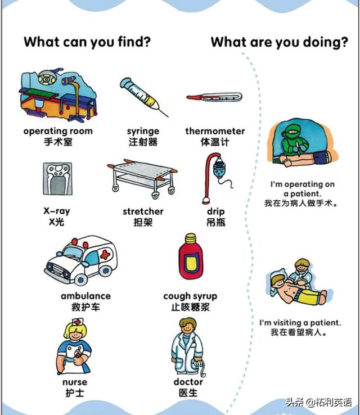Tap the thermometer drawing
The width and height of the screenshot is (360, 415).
point(214,97)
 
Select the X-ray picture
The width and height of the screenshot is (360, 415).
point(57,179)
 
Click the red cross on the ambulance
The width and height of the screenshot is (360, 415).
point(105,255)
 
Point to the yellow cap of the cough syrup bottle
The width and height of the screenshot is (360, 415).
point(190,239)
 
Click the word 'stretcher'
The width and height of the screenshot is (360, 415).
point(143,211)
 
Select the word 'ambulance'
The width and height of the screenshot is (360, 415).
point(85,296)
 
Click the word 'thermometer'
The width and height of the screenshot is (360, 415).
point(215,131)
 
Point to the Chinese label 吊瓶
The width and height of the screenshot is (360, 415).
point(216,222)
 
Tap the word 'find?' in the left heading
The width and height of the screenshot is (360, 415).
point(134,42)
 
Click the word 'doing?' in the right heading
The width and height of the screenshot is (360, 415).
point(325,42)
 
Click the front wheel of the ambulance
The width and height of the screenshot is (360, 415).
point(80,279)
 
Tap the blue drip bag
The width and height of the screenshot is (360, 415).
point(219,169)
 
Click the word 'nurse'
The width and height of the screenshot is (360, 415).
point(75,382)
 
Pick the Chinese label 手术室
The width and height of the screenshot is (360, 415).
point(58,142)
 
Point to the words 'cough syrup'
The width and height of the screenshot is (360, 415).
point(190,296)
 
